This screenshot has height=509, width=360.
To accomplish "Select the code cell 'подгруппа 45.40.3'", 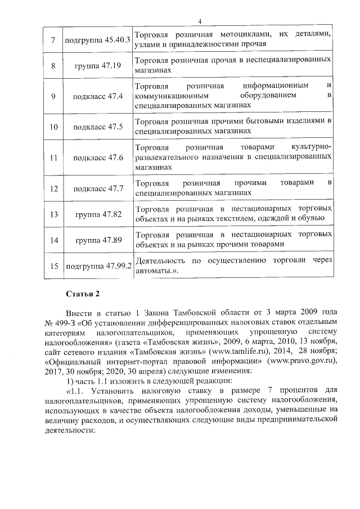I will (x=98, y=39).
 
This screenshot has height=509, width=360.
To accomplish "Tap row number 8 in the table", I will (x=53, y=66).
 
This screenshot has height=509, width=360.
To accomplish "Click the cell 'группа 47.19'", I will (x=98, y=66).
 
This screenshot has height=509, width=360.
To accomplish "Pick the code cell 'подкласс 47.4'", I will (x=98, y=96).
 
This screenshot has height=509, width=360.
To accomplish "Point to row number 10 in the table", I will (x=53, y=127).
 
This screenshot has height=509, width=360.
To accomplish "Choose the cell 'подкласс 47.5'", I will (x=98, y=127).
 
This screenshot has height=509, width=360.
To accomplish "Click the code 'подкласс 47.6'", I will (x=98, y=157).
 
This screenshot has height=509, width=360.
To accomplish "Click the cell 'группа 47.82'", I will (x=98, y=214).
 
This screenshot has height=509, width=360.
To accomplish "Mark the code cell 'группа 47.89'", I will (x=98, y=240).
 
